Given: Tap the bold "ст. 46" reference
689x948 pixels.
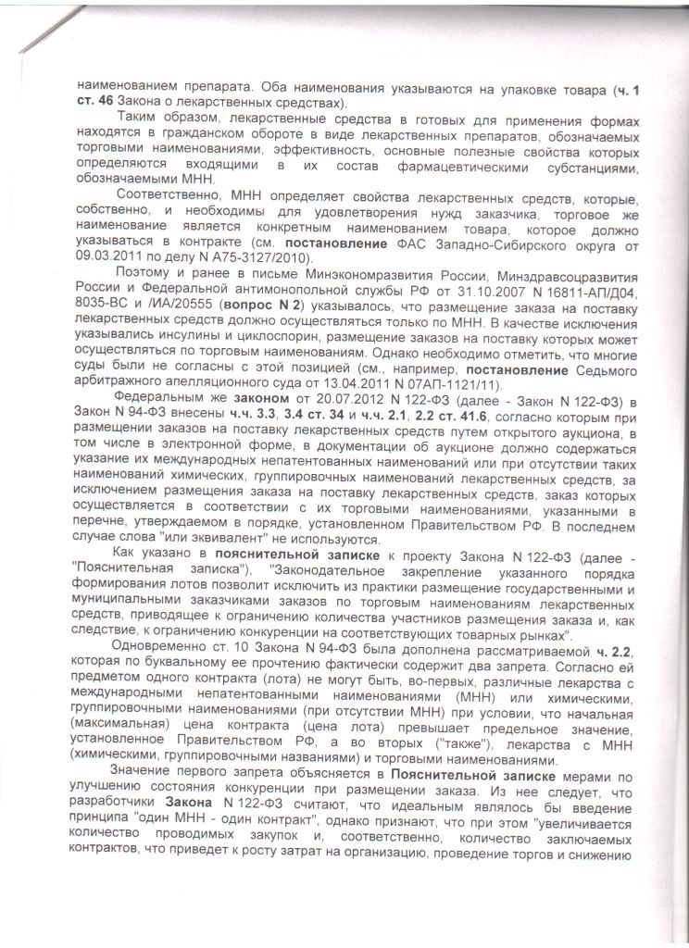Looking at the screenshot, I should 101,103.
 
